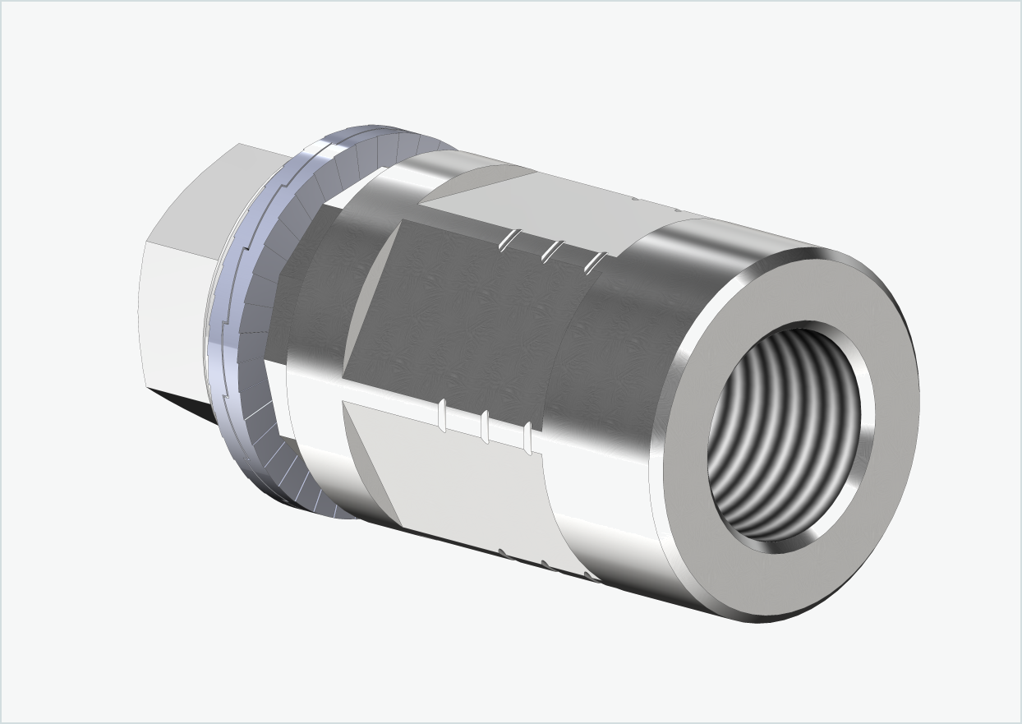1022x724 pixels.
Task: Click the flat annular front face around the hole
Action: pos(887,460)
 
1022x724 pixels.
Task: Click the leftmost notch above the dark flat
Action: pos(509,239)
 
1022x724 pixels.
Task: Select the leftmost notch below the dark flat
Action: pos(443,415)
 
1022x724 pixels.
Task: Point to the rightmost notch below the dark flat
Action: pos(527,438)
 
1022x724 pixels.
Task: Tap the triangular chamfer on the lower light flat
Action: pos(370,460)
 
